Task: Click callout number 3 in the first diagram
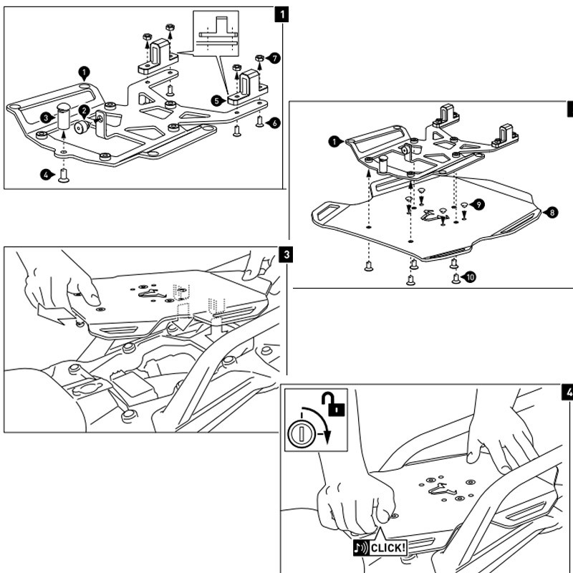tap(44, 117)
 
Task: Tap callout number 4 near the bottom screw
tap(44, 174)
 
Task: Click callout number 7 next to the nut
tap(276, 57)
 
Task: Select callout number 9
tap(478, 205)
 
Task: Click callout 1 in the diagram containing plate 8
tap(334, 142)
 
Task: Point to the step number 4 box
tap(568, 393)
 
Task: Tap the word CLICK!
tap(387, 549)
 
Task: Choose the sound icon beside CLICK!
tap(361, 549)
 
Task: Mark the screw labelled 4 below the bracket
tap(63, 174)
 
